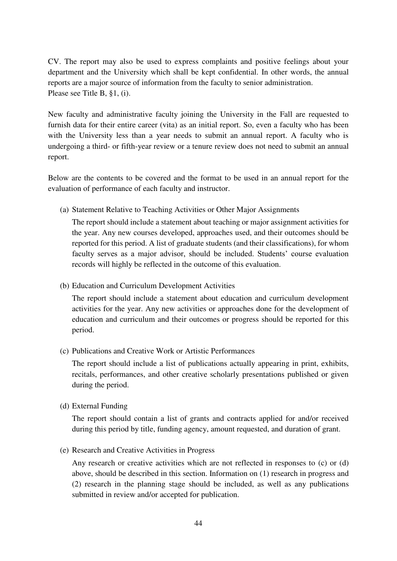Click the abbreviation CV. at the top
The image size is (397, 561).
[x=54, y=61]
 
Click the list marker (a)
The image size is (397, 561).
[x=64, y=210]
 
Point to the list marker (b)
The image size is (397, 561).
[x=64, y=286]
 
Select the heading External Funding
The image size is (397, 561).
[x=99, y=406]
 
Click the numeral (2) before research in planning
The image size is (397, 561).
[x=77, y=484]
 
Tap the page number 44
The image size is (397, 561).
[x=198, y=524]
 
